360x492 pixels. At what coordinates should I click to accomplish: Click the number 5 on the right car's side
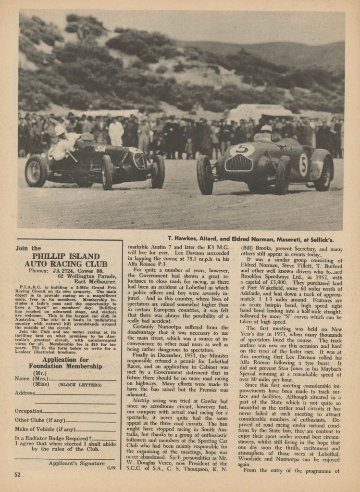tap(303, 164)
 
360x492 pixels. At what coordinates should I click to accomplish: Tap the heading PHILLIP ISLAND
tap(66, 256)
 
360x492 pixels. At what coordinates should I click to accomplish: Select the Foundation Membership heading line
tap(65, 366)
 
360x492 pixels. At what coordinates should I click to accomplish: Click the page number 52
tap(18, 474)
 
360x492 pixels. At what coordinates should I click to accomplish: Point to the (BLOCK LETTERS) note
tap(80, 385)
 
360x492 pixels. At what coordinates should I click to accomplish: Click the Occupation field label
tap(29, 411)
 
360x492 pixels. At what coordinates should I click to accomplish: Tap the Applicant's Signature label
tap(76, 463)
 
